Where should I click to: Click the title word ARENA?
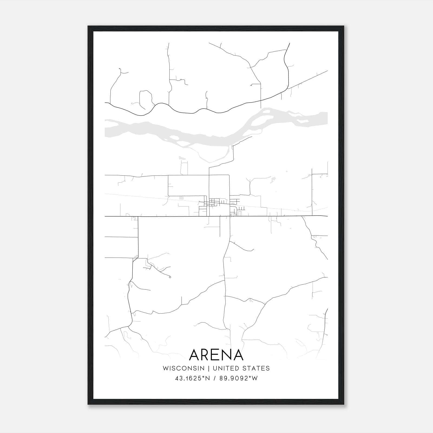click(216, 355)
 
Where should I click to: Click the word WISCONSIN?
click(183, 368)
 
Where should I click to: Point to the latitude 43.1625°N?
click(192, 378)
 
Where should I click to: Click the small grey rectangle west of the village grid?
click(181, 198)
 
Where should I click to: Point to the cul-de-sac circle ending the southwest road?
click(170, 277)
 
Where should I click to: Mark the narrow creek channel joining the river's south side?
click(214, 160)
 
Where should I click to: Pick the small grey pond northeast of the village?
click(273, 179)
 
